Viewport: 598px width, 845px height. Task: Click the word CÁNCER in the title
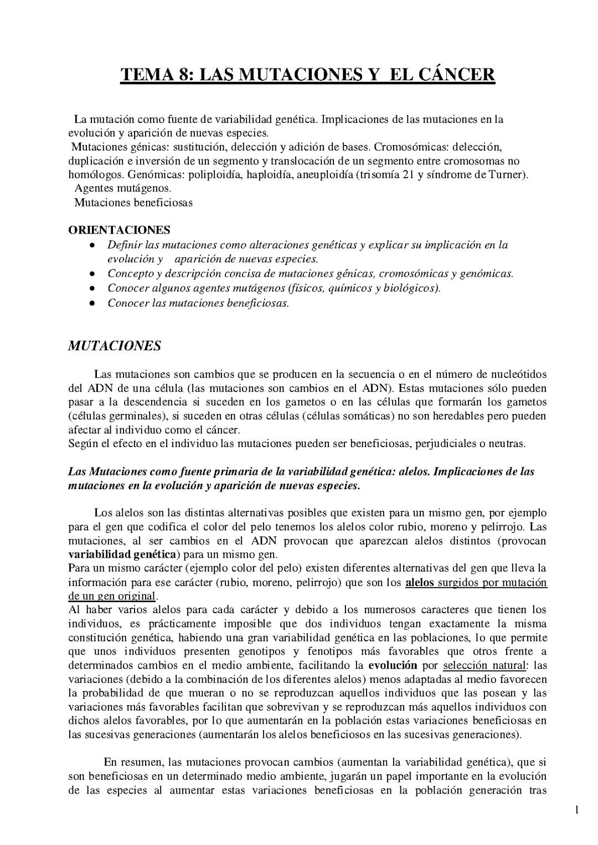pyautogui.click(x=453, y=74)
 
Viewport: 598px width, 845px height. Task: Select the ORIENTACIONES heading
pyautogui.click(x=119, y=230)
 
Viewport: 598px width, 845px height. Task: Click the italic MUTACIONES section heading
pyautogui.click(x=114, y=346)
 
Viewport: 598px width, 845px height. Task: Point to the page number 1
pyautogui.click(x=576, y=811)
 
